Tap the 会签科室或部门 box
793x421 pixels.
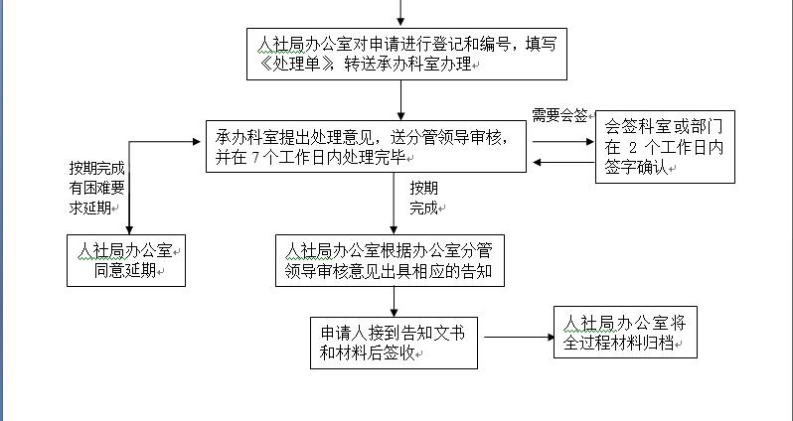click(665, 147)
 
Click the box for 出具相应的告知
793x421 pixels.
click(395, 260)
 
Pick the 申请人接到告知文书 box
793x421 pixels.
click(396, 341)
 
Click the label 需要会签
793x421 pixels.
click(560, 115)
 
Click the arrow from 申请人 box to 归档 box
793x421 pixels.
click(517, 338)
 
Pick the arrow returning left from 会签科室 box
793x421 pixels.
click(561, 162)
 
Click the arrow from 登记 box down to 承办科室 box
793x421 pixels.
click(401, 99)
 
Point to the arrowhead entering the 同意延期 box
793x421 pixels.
click(128, 229)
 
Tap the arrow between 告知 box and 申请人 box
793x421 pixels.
click(394, 301)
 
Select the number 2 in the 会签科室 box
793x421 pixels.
click(645, 148)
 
